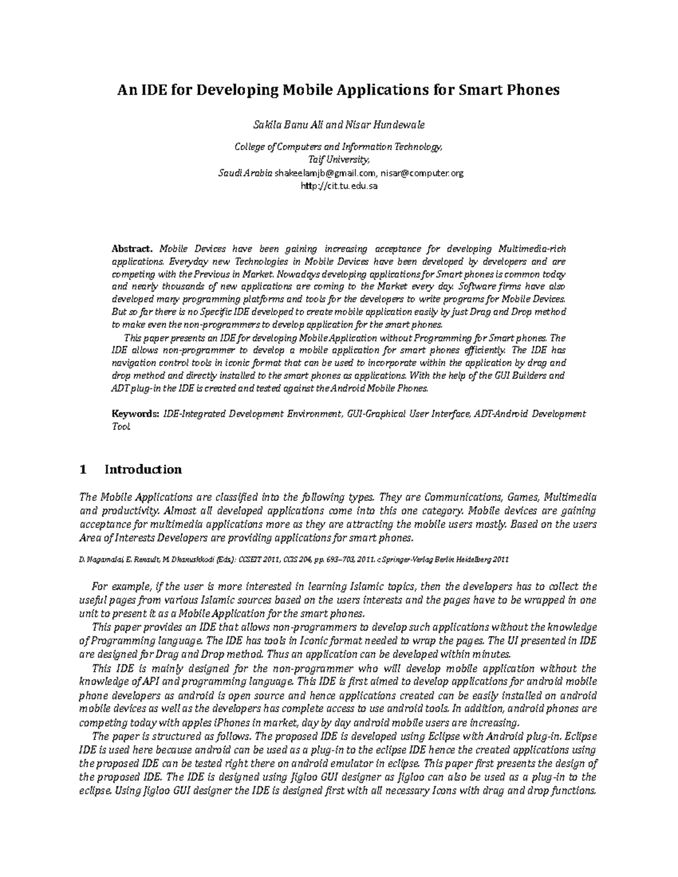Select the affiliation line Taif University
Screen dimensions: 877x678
(338, 160)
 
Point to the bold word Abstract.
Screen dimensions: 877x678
(132, 249)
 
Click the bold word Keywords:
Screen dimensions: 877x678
(136, 414)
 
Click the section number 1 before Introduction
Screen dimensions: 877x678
(84, 470)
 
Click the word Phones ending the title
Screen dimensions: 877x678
(535, 90)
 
